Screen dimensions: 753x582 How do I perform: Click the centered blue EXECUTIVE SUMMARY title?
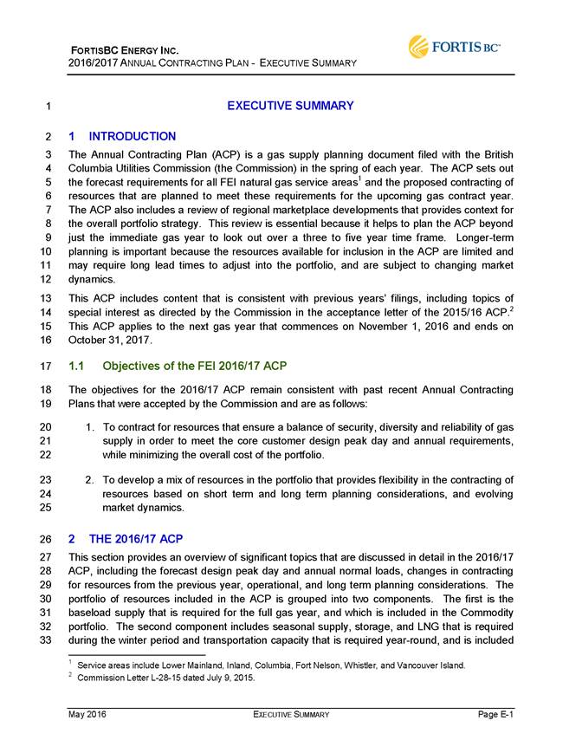click(290, 106)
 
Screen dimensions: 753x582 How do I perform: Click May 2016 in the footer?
click(89, 714)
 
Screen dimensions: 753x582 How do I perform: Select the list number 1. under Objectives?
click(91, 427)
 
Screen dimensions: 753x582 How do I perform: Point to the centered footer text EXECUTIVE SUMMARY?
click(290, 714)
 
